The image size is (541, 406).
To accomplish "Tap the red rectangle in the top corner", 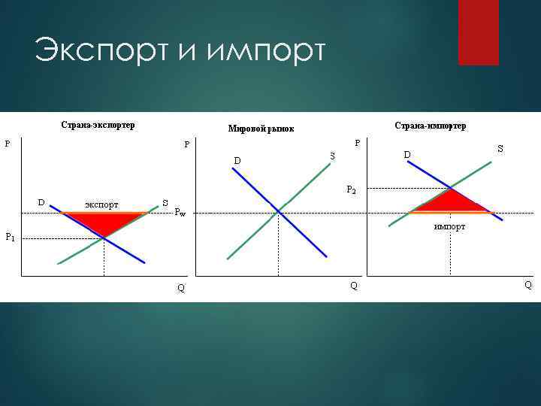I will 478,32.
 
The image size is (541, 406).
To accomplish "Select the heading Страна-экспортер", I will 98,125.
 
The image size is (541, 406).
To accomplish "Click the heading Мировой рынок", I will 261,129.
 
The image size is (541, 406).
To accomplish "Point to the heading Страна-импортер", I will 430,126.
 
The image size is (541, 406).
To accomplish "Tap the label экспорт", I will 101,204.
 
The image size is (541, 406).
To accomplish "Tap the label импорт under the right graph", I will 449,226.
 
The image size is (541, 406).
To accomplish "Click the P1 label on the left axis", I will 10,238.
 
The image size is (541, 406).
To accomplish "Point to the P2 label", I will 351,189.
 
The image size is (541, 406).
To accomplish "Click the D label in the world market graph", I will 237,160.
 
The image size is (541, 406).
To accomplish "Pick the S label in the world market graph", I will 331,156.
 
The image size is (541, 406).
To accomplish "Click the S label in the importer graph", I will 500,150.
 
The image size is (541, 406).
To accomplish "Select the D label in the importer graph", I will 407,155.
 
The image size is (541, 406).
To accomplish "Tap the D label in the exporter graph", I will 42,201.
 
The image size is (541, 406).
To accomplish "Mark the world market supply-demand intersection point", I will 279,211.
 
